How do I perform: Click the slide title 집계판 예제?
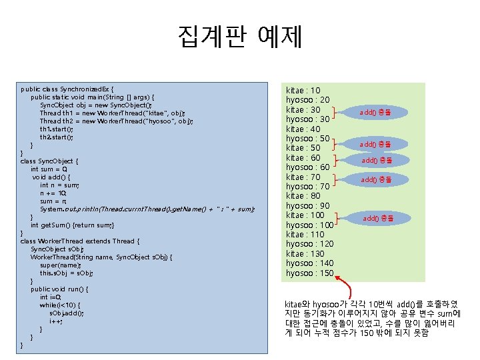pos(240,37)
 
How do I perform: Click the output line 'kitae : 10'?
pos(303,90)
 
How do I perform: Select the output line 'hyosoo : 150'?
pos(309,273)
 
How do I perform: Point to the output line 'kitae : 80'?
pos(303,196)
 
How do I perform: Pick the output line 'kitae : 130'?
pos(305,254)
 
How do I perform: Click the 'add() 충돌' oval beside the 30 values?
pos(375,113)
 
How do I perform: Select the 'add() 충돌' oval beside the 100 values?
pos(378,218)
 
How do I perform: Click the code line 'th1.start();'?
pos(56,129)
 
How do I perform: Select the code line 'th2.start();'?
pos(56,137)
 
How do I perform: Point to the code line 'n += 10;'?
pos(53,193)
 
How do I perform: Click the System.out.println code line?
pos(147,209)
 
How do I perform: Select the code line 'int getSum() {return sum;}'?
pos(73,225)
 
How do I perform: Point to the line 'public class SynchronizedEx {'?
pos(67,88)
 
